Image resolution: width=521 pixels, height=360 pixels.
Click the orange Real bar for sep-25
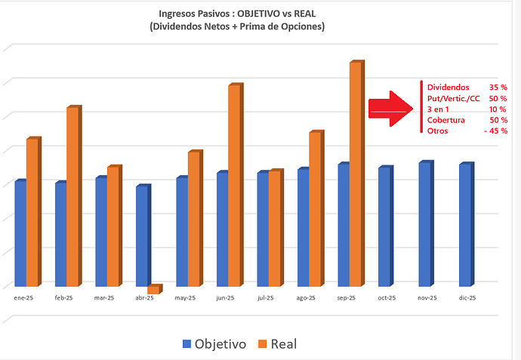click(x=356, y=174)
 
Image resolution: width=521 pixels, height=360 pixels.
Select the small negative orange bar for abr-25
click(x=153, y=289)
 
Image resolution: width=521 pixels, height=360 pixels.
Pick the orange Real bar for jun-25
click(x=234, y=185)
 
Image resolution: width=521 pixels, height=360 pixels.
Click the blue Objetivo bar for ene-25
click(x=20, y=233)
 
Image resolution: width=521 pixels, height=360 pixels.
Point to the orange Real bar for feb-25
click(x=72, y=196)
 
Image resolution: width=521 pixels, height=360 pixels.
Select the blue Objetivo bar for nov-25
click(x=425, y=223)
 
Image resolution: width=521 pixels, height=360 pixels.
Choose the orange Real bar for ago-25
click(x=316, y=209)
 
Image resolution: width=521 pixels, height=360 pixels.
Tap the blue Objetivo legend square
click(x=187, y=344)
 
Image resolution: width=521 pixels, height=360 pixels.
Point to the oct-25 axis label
click(x=386, y=298)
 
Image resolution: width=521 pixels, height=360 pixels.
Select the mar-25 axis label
click(x=103, y=298)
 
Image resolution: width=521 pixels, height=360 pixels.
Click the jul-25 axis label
click(x=265, y=298)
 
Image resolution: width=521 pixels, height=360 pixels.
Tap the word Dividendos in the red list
click(x=448, y=88)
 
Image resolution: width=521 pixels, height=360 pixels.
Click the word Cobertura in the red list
click(x=445, y=120)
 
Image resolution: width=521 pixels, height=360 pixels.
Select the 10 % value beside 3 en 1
click(x=498, y=109)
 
